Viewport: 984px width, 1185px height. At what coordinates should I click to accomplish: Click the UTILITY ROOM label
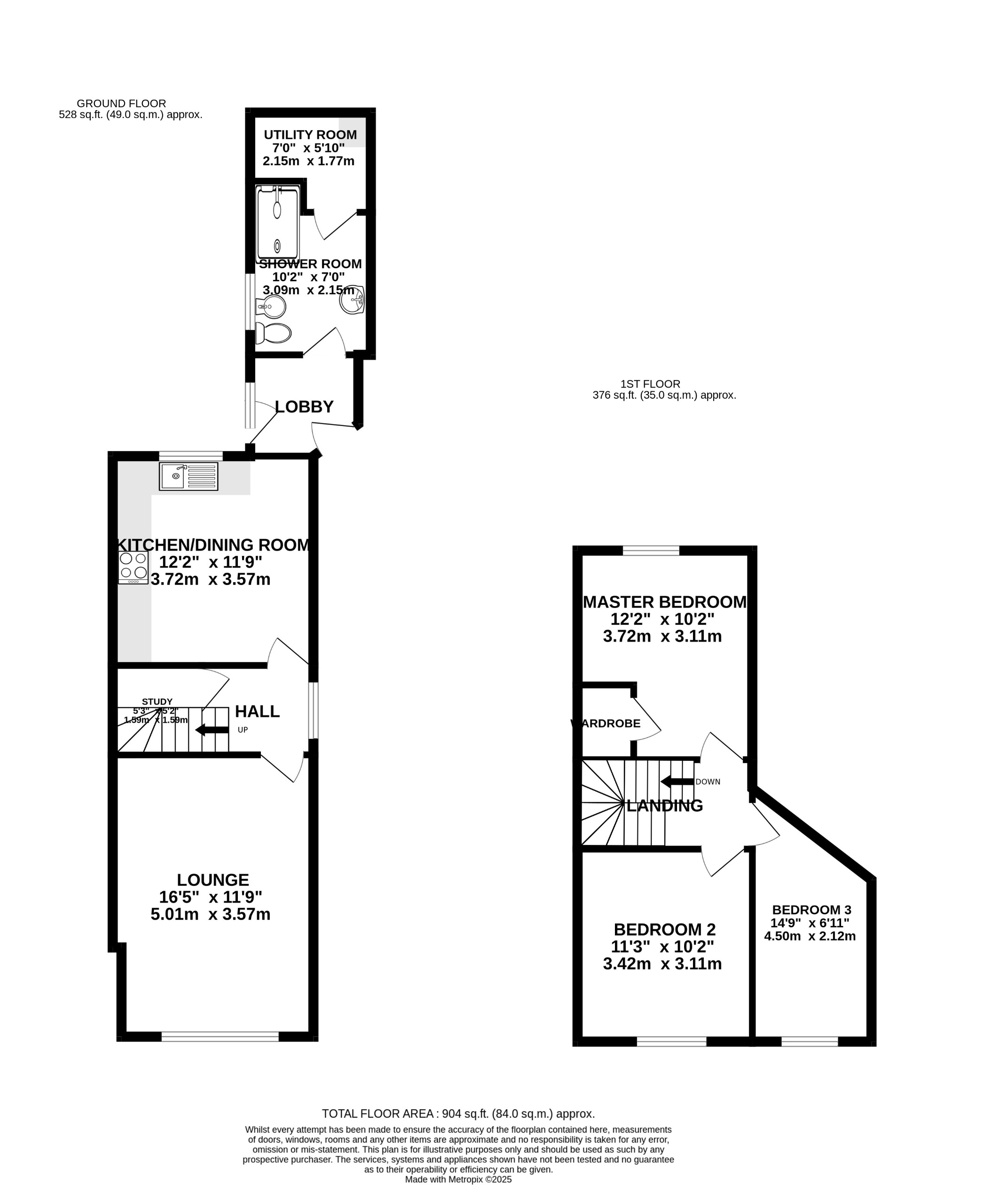[x=310, y=135]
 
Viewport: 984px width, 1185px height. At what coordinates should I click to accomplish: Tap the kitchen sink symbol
[x=188, y=476]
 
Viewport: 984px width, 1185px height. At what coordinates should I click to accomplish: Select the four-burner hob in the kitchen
[x=134, y=568]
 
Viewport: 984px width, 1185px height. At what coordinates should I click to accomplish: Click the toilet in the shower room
[x=274, y=333]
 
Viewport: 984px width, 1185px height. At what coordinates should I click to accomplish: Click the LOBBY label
[x=304, y=406]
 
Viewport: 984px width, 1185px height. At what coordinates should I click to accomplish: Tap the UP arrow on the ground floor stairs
[x=212, y=730]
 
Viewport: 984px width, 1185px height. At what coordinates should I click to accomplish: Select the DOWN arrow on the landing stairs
[x=677, y=782]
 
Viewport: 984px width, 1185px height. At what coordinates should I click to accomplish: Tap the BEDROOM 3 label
[x=811, y=909]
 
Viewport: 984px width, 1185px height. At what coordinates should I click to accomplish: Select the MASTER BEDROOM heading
[x=664, y=602]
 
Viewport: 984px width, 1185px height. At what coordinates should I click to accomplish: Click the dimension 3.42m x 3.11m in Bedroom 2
[x=662, y=964]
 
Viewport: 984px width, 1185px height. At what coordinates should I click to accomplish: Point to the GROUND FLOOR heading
[x=121, y=103]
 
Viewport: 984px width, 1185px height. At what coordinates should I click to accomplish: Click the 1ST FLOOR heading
[x=650, y=384]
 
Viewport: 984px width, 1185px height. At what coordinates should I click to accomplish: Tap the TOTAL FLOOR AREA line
[x=458, y=1114]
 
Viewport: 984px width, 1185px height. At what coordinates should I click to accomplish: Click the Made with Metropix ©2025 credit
[x=458, y=1179]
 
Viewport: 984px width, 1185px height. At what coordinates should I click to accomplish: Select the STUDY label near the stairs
[x=157, y=702]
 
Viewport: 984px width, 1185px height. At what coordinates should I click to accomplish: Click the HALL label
[x=257, y=711]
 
